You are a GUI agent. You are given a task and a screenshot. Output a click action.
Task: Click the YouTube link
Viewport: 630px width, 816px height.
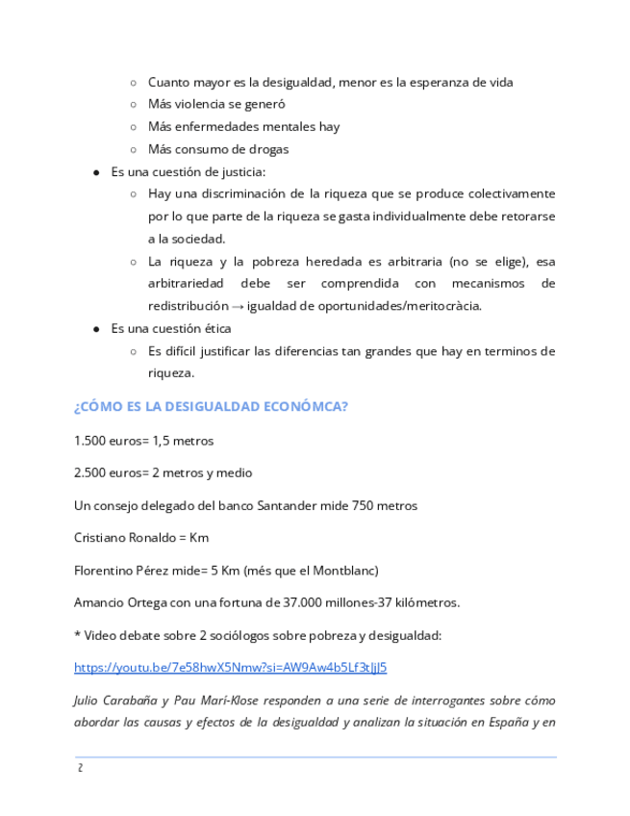point(230,667)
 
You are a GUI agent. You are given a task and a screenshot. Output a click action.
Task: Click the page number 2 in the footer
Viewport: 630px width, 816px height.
point(80,769)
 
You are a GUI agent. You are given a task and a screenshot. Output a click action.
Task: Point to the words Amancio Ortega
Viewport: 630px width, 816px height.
point(118,602)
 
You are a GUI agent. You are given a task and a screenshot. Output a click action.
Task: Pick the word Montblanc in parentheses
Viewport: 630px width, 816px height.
point(343,570)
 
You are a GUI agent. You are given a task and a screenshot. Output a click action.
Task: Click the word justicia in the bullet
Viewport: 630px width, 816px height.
point(242,171)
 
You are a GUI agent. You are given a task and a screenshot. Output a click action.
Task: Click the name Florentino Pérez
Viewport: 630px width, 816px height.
point(121,570)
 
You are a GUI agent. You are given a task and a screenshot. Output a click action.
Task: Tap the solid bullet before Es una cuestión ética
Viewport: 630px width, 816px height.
point(96,328)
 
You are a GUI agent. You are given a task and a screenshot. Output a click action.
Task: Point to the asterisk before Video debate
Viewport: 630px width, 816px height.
point(77,634)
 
